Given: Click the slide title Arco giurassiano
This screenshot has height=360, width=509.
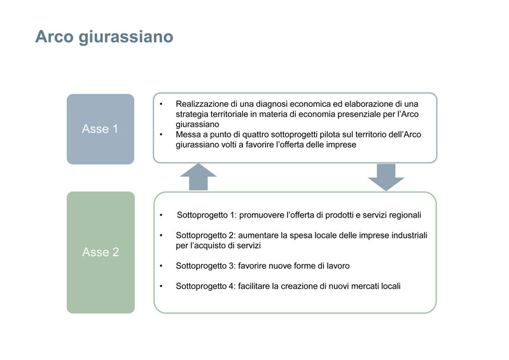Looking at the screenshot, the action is (104, 37).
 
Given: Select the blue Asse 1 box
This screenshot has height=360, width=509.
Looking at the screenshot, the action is (101, 129).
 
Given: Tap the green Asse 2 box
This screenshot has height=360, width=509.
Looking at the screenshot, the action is (101, 253).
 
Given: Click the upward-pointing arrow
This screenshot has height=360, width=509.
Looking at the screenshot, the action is (199, 177).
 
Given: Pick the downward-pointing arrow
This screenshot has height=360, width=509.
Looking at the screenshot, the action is (386, 177).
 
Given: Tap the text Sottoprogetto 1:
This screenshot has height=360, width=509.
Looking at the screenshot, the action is (207, 215).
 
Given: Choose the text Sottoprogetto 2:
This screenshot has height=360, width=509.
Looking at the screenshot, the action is (206, 235).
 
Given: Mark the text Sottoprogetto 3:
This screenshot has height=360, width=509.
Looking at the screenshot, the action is (206, 265).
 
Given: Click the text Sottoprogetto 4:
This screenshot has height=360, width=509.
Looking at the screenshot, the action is (206, 286).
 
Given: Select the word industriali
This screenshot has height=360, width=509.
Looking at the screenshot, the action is (409, 235).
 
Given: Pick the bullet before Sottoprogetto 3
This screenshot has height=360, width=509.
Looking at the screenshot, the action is (161, 266).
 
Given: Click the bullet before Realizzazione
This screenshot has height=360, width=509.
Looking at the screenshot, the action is (161, 104).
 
